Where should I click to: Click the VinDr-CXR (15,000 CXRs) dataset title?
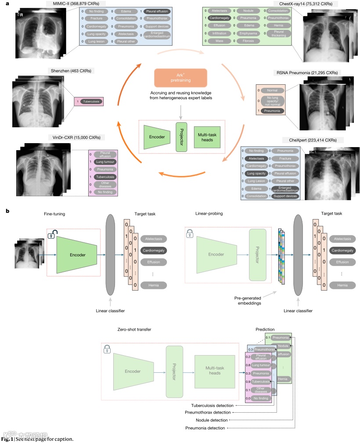point(74,137)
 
